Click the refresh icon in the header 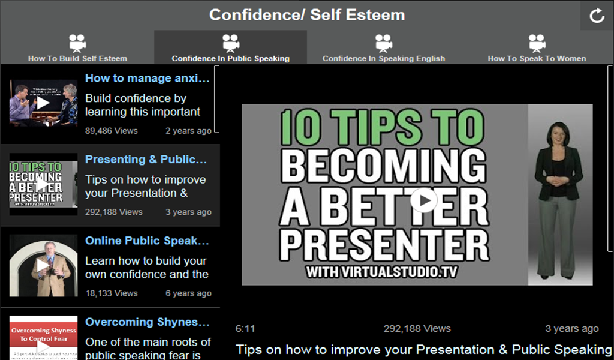tap(597, 16)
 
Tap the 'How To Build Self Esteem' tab tap(77, 48)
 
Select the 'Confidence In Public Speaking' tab tap(230, 48)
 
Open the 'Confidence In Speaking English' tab tap(384, 48)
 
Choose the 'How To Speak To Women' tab tap(537, 48)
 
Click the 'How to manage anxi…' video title tap(148, 78)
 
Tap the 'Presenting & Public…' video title tap(146, 160)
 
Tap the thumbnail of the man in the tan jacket tap(43, 264)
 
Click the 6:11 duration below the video tap(245, 329)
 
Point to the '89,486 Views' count tap(111, 130)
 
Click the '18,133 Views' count tap(111, 293)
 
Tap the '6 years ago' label tap(188, 293)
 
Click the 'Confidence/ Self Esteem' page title tap(306, 15)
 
